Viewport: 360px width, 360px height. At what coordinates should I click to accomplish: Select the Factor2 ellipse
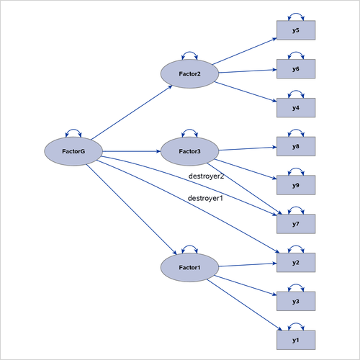pyautogui.click(x=189, y=74)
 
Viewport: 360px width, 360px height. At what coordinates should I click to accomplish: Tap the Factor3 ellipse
pyautogui.click(x=189, y=151)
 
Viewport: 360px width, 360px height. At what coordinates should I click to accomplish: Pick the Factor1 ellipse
pyautogui.click(x=189, y=267)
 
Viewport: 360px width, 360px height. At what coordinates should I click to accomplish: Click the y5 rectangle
pyautogui.click(x=296, y=31)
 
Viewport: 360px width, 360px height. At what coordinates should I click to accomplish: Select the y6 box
pyautogui.click(x=296, y=69)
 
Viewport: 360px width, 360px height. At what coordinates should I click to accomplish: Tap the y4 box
pyautogui.click(x=296, y=108)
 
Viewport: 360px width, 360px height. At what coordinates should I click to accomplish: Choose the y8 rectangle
pyautogui.click(x=296, y=147)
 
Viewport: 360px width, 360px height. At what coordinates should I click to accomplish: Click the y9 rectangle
pyautogui.click(x=296, y=185)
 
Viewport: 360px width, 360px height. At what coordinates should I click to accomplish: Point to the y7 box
pyautogui.click(x=296, y=224)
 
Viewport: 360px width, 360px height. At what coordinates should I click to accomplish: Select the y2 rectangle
pyautogui.click(x=296, y=263)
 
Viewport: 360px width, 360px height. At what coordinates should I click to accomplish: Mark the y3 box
pyautogui.click(x=296, y=301)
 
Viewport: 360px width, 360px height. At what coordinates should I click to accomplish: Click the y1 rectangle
pyautogui.click(x=296, y=340)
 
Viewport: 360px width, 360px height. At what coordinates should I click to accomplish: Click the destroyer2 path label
pyautogui.click(x=207, y=176)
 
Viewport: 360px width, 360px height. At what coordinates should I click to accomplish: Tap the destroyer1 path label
pyautogui.click(x=205, y=198)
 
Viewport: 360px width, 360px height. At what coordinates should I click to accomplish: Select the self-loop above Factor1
pyautogui.click(x=189, y=248)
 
